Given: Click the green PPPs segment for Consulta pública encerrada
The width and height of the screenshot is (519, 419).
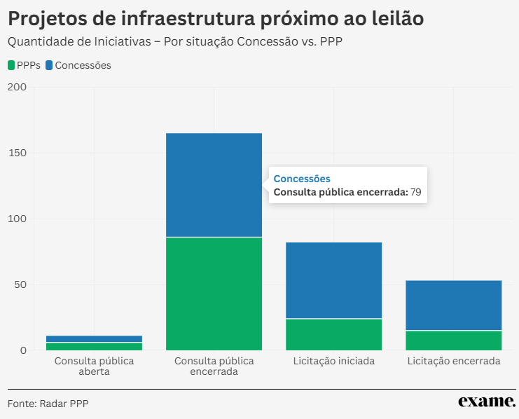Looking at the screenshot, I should tap(214, 294).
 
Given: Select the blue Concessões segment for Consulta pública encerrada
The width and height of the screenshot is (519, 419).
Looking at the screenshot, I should tap(214, 185).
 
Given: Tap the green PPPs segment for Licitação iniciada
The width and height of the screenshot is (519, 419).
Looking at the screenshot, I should tap(333, 334).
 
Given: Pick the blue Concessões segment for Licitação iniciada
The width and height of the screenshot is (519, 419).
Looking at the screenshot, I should tap(333, 280).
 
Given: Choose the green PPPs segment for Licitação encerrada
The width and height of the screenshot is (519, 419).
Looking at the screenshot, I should tap(454, 340).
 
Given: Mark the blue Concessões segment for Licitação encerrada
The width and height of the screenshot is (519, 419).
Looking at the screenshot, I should tap(454, 305).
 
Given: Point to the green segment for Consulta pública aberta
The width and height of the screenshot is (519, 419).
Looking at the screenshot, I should tap(94, 346).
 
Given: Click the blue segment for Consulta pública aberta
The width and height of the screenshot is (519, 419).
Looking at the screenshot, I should tap(94, 338).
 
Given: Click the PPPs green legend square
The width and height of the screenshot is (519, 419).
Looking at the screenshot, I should tap(11, 65).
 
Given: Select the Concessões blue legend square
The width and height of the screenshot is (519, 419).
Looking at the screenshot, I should tap(49, 65).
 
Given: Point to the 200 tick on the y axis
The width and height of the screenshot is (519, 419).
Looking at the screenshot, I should tap(16, 87).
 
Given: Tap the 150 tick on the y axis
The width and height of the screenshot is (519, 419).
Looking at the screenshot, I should tap(16, 153).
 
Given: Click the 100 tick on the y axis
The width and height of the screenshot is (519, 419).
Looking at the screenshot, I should tap(16, 219).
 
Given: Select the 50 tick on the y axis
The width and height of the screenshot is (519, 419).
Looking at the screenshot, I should tap(19, 284).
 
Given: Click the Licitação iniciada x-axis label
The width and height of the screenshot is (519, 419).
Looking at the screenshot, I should tap(333, 362).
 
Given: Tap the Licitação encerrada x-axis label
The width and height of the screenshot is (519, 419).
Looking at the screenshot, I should tap(454, 362).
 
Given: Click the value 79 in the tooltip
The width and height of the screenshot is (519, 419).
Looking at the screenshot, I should tap(416, 192).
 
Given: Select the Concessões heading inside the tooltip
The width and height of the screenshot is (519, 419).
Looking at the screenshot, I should tap(301, 179).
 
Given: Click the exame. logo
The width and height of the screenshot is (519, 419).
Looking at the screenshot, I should tap(487, 401).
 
